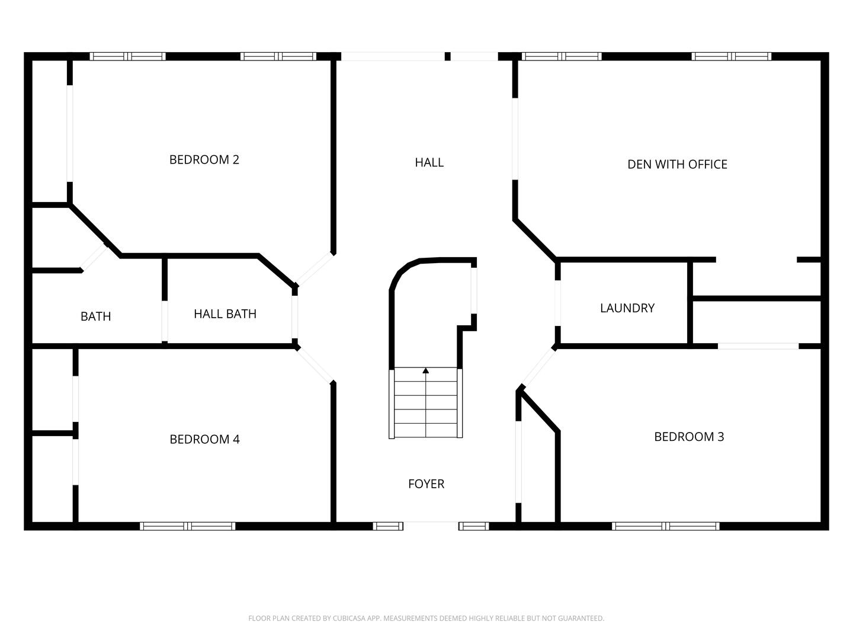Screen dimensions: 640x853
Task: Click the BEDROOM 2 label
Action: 204,159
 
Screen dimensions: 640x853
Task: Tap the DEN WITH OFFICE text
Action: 677,164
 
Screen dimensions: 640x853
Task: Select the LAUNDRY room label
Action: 627,308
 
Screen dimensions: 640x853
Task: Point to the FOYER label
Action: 426,484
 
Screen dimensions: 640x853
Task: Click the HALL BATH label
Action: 225,314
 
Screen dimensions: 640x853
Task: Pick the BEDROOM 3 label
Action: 689,437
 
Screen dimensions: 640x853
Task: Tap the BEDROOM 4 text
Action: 204,439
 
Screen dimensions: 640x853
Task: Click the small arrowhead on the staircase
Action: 425,371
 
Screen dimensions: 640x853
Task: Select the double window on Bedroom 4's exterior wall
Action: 187,526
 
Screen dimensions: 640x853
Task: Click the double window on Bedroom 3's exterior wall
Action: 666,526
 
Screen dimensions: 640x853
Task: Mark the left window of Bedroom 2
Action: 127,57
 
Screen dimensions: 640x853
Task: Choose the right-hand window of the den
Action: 732,57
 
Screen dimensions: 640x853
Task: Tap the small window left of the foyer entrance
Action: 388,526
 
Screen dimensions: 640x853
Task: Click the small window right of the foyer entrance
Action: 473,526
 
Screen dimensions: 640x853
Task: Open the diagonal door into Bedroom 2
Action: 315,268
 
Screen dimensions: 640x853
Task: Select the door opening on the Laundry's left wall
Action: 557,303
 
